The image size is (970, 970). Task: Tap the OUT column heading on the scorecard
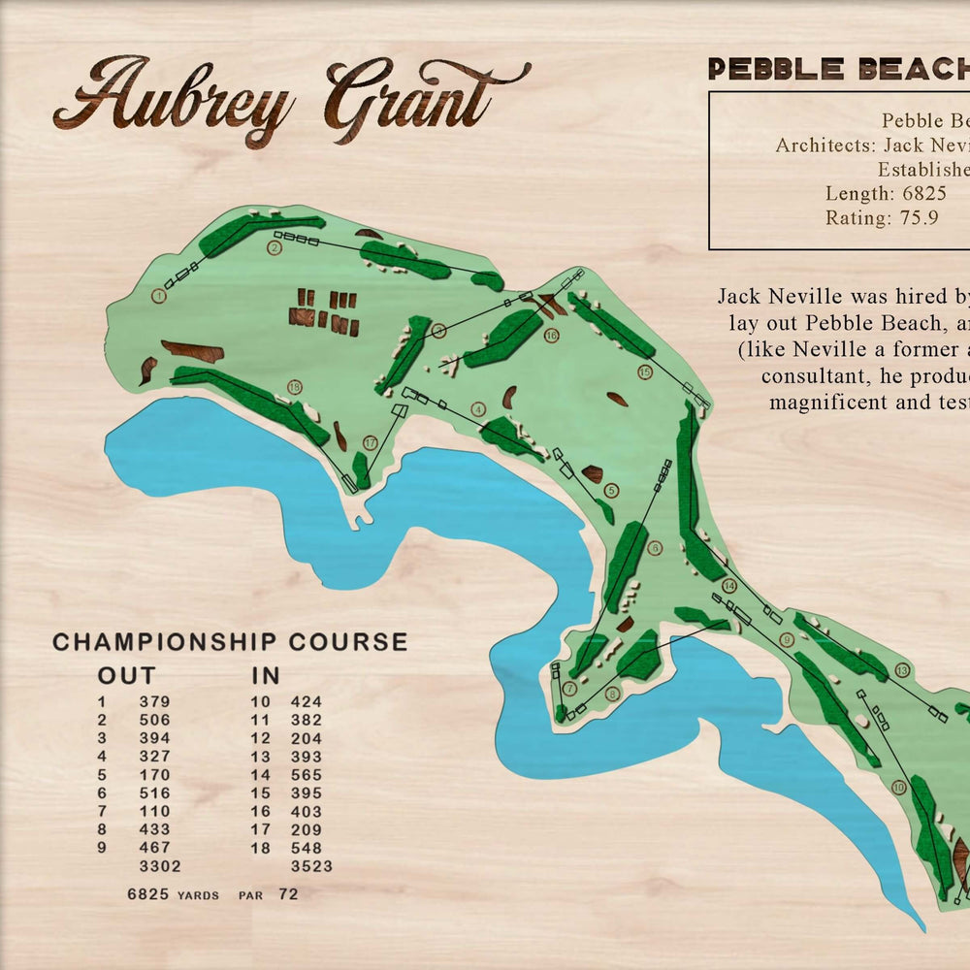(x=126, y=675)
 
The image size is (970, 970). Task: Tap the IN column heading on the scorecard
(x=266, y=675)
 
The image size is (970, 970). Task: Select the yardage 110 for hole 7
(x=154, y=811)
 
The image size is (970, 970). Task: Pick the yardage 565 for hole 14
(x=307, y=775)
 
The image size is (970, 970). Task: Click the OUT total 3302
(x=160, y=866)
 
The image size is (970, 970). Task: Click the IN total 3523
(x=311, y=866)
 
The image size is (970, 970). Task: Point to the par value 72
(x=288, y=893)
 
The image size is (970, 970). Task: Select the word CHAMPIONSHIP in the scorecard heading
(x=155, y=642)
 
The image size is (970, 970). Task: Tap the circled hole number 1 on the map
(x=159, y=295)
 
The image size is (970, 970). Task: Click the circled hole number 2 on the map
(x=275, y=247)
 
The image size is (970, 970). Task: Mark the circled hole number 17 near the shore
(x=371, y=443)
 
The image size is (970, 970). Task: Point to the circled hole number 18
(x=295, y=388)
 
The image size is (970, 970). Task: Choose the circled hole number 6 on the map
(x=655, y=548)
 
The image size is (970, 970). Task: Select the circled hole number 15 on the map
(x=645, y=372)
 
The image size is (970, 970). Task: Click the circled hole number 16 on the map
(x=551, y=336)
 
